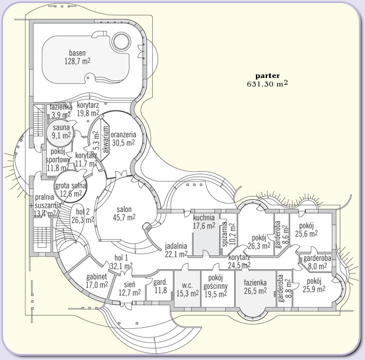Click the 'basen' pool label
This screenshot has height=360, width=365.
point(77,53)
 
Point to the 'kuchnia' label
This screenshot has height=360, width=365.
point(204,217)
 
